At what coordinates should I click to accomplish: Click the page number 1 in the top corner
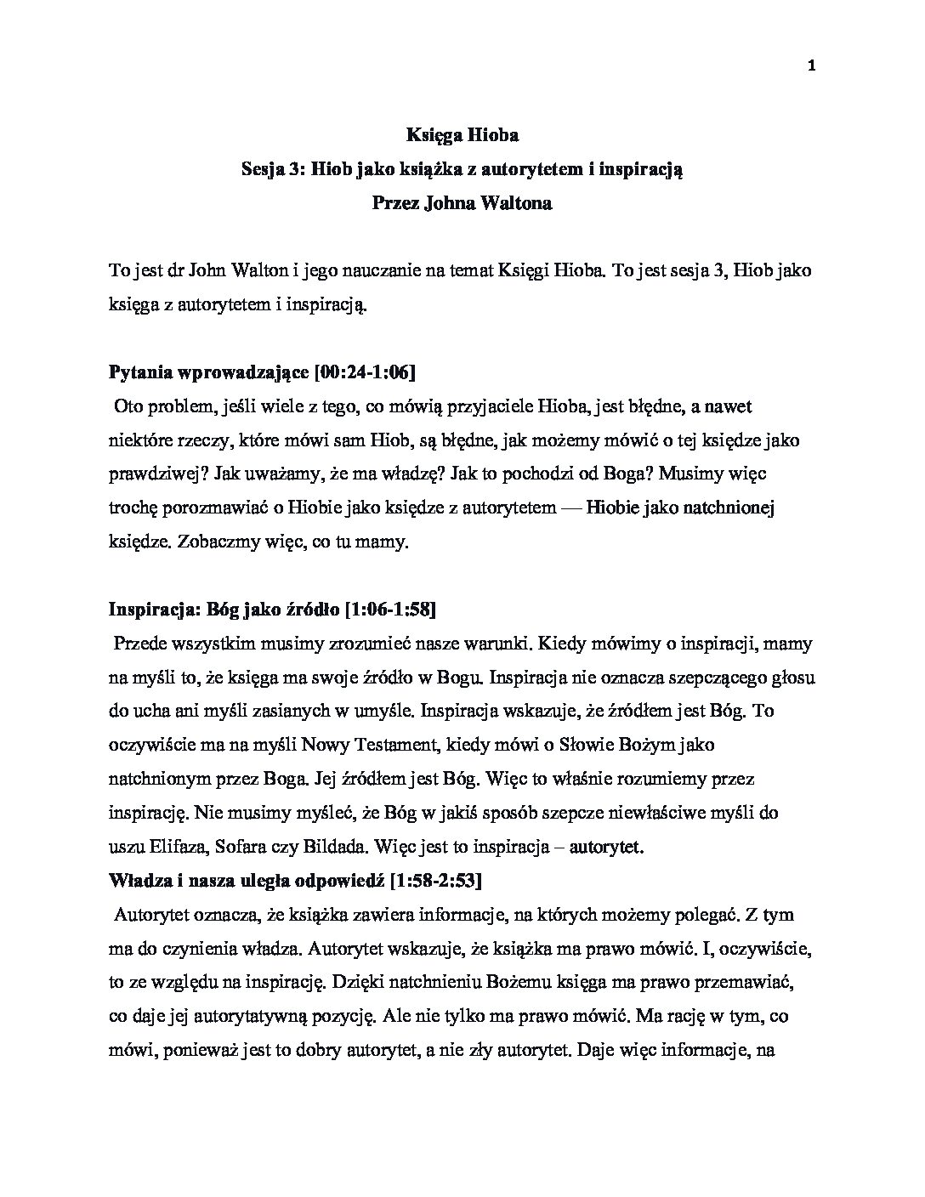click(x=811, y=67)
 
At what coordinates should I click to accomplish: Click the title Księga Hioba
click(x=462, y=134)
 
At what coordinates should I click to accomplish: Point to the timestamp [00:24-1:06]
click(x=365, y=372)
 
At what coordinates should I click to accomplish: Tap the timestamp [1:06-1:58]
click(x=389, y=609)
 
